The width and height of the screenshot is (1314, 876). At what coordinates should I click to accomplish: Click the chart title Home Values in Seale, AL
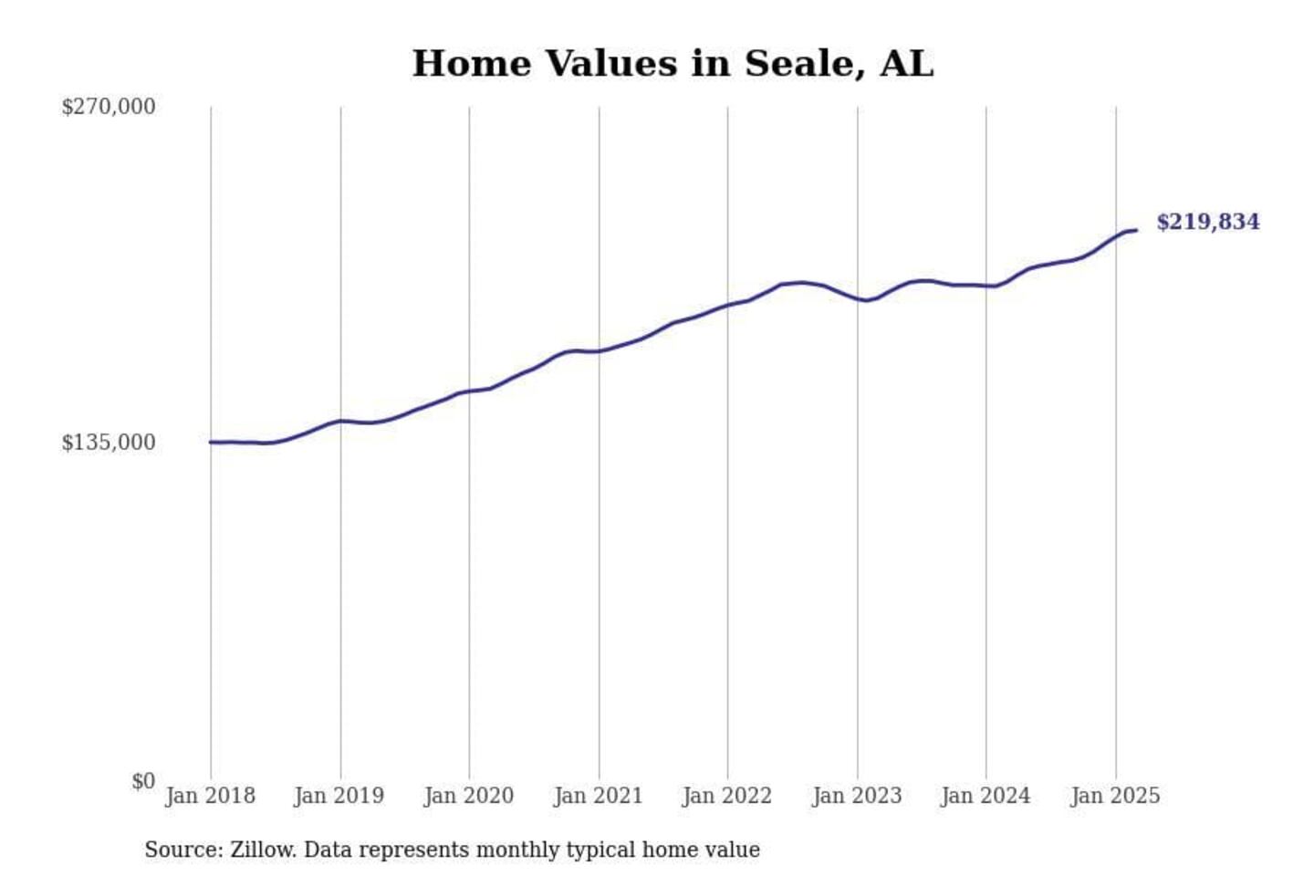click(673, 64)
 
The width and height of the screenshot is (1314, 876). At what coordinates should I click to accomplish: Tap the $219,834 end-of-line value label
click(1207, 222)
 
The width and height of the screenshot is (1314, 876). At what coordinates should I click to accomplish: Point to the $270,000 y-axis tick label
click(109, 107)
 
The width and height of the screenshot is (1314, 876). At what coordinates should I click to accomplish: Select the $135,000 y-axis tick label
click(109, 443)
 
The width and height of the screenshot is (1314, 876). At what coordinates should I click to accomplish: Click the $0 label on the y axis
click(143, 781)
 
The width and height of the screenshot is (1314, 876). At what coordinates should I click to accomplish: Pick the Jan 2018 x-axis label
click(210, 796)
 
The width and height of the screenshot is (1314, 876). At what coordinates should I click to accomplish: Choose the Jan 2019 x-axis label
click(339, 796)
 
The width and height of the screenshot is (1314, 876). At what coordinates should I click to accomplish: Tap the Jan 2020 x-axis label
click(469, 796)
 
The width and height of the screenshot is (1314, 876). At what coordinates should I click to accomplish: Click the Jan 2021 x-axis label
click(599, 796)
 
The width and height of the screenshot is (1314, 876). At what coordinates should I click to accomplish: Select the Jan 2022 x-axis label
click(727, 796)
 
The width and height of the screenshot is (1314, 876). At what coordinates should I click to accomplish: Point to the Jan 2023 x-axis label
click(857, 796)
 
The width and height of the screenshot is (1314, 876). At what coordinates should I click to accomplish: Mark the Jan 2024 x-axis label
click(985, 796)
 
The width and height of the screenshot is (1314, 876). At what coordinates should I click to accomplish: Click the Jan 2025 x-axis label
click(1115, 796)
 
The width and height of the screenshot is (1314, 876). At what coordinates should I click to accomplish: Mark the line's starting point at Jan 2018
click(211, 443)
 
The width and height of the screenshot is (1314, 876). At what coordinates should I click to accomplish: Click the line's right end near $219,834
click(1136, 230)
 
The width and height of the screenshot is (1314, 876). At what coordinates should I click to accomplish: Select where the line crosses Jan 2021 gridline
click(600, 351)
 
